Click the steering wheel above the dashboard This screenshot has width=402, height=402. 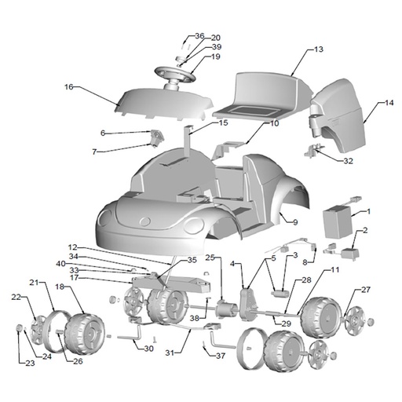click(x=175, y=73)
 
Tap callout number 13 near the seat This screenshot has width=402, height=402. click(x=319, y=49)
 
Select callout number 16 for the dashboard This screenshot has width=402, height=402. click(x=69, y=87)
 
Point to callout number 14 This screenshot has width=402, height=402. click(x=389, y=103)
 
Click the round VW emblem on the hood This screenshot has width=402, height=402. click(x=144, y=221)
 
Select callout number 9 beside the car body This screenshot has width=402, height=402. click(x=295, y=222)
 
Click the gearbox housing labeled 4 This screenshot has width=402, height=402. click(x=247, y=304)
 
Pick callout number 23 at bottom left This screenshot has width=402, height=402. click(x=30, y=363)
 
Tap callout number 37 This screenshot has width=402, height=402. click(x=221, y=356)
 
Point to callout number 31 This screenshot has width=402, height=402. click(x=170, y=353)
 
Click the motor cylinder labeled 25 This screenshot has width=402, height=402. click(x=226, y=309)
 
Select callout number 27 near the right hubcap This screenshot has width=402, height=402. click(x=366, y=290)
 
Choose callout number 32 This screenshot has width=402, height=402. click(x=348, y=161)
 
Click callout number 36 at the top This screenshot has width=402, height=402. click(x=199, y=36)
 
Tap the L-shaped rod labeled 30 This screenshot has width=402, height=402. click(x=130, y=336)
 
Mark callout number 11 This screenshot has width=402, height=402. click(x=334, y=269)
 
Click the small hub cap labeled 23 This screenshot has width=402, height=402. click(x=20, y=328)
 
